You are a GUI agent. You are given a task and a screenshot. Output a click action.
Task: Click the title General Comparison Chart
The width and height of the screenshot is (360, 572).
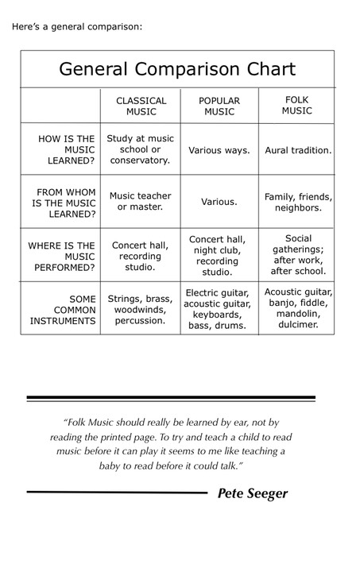(x=177, y=69)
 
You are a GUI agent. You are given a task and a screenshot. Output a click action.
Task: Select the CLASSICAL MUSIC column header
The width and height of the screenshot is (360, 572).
(x=141, y=106)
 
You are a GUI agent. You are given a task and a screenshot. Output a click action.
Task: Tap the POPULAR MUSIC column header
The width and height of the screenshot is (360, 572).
(x=219, y=106)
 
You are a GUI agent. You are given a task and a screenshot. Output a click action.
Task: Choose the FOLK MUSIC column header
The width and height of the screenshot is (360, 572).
(x=297, y=105)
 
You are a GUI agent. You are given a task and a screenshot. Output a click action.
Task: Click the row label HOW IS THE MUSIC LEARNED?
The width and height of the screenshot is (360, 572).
(x=66, y=149)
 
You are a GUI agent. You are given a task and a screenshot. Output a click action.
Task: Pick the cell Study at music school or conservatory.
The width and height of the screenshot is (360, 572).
(x=140, y=149)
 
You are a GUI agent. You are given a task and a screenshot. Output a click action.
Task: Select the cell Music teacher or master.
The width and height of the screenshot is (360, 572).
(x=141, y=201)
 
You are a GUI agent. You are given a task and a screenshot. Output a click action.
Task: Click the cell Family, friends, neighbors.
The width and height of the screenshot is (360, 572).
(x=298, y=202)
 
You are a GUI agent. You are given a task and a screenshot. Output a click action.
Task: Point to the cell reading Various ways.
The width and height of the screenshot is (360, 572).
(x=219, y=149)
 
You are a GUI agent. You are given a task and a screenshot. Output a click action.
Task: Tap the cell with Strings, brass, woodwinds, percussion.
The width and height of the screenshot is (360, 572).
(x=140, y=309)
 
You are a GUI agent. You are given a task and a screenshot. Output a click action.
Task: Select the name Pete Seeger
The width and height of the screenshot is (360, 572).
(x=253, y=493)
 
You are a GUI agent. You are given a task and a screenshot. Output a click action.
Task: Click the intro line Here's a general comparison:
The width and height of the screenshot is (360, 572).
(x=77, y=26)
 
